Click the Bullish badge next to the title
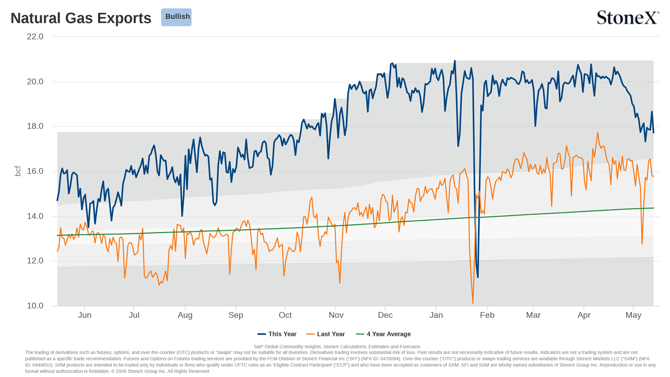(176, 17)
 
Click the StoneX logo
(628, 18)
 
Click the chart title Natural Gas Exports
(81, 18)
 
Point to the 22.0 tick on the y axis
(35, 37)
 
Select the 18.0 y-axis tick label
(35, 126)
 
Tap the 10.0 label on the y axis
(35, 306)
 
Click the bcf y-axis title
(18, 171)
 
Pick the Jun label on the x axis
(85, 315)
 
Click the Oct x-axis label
(285, 315)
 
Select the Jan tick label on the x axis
(436, 315)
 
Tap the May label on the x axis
(633, 315)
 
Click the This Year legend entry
(277, 334)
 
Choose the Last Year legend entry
(326, 334)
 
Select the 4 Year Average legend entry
(384, 334)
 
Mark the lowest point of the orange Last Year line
(473, 303)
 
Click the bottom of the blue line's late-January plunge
(478, 278)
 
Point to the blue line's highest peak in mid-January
(455, 61)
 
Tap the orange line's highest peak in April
(598, 133)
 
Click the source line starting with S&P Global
(337, 346)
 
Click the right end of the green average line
(653, 208)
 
